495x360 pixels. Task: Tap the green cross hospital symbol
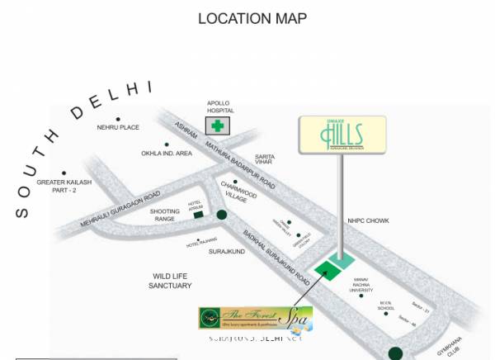(x=219, y=126)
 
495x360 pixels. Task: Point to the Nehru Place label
(x=118, y=128)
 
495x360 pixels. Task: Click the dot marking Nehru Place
(x=119, y=119)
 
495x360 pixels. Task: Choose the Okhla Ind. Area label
(x=167, y=153)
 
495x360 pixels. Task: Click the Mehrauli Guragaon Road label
(x=120, y=209)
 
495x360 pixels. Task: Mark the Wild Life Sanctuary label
(x=171, y=281)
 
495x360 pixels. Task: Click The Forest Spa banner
(x=255, y=318)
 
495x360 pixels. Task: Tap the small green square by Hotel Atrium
(x=198, y=216)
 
